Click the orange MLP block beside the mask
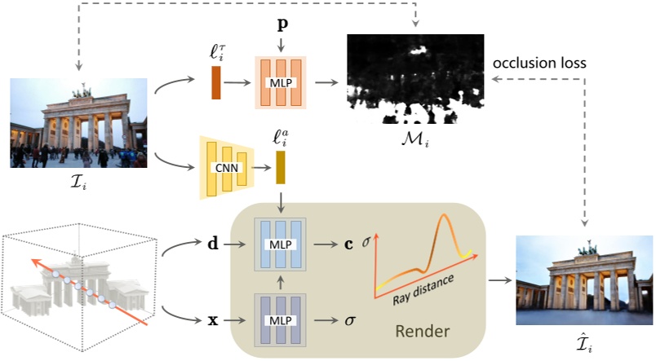(281, 84)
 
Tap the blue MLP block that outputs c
(281, 244)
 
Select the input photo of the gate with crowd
(78, 123)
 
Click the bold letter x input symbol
(214, 320)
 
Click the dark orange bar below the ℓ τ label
(216, 83)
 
